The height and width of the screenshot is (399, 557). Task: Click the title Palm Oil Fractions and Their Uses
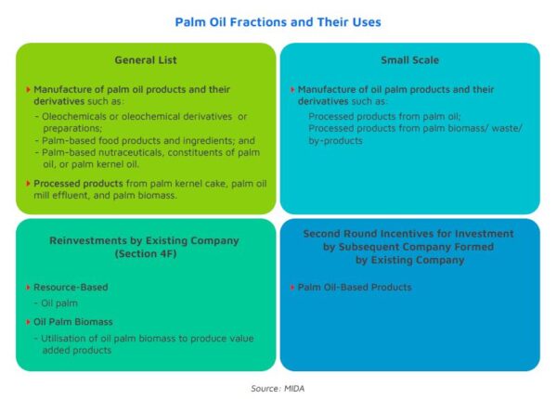coord(278,22)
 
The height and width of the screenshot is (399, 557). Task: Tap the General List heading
coord(146,60)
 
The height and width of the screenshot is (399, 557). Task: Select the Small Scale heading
coord(410,60)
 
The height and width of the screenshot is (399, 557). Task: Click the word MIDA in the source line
coord(294,389)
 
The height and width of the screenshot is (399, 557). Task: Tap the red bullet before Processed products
coord(28,184)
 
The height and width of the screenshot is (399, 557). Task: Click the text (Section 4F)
coord(146,254)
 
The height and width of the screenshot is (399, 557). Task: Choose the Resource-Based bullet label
coord(71,287)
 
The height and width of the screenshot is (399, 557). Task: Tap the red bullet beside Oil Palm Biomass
coord(28,322)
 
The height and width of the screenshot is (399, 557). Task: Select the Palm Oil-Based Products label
coord(355,287)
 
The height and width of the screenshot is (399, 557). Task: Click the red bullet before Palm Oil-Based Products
coord(292,287)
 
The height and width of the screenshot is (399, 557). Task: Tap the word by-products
coord(335,141)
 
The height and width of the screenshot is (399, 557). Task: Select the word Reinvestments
coord(88,240)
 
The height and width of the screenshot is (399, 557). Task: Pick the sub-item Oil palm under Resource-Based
coord(59,303)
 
